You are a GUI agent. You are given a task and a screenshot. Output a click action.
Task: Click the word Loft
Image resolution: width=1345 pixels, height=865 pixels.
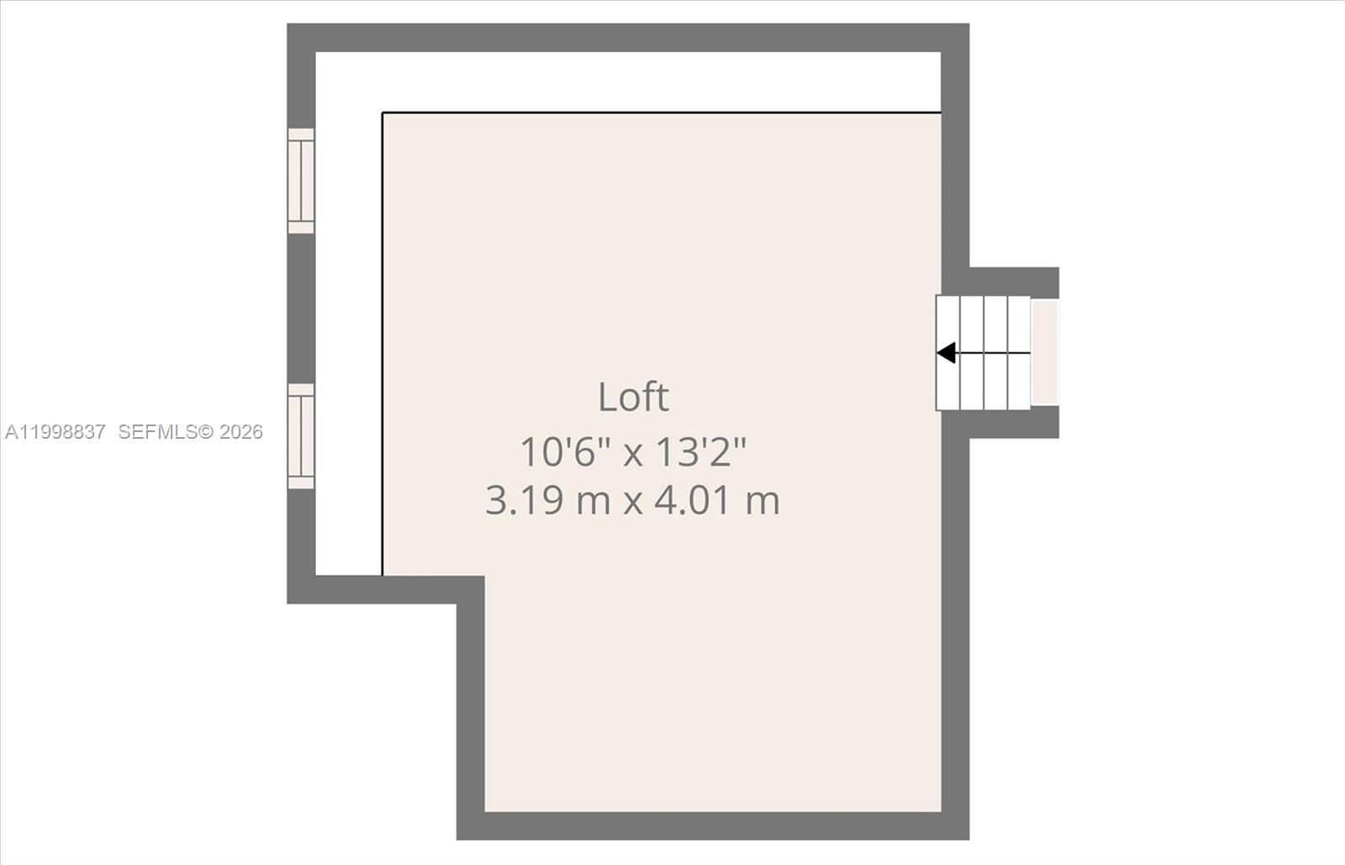(x=633, y=397)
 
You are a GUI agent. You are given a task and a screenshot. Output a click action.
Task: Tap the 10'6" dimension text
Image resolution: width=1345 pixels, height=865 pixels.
(x=563, y=452)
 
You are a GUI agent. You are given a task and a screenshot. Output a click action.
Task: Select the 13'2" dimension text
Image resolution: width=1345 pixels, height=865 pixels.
(x=700, y=452)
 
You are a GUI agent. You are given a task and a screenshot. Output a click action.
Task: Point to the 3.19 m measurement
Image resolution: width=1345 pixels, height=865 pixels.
(x=547, y=501)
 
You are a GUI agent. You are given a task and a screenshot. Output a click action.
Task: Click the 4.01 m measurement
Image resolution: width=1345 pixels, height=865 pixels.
(x=717, y=501)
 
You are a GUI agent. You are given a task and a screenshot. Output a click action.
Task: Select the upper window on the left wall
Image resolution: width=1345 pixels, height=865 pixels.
(x=301, y=181)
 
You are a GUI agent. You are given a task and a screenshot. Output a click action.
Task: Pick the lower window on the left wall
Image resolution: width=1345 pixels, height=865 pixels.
(x=301, y=436)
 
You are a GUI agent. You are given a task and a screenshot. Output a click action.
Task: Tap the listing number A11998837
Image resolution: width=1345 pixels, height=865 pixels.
(x=55, y=432)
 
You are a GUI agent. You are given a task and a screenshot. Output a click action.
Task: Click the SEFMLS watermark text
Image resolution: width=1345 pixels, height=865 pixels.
(x=157, y=432)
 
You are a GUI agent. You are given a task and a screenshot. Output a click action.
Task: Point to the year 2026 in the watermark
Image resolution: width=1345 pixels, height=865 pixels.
(x=241, y=432)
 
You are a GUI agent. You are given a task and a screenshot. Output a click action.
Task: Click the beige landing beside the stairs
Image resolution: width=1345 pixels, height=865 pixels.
(x=1045, y=353)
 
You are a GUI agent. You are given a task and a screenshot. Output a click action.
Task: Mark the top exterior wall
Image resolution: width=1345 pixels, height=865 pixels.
(x=628, y=38)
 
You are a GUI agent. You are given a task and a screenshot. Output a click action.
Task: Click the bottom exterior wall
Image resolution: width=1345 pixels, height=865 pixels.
(x=713, y=826)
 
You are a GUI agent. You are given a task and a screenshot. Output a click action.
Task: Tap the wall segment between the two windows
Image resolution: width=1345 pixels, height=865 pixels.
(x=301, y=309)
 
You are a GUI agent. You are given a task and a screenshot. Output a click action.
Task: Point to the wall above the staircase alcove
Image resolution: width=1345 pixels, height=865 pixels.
(x=1013, y=282)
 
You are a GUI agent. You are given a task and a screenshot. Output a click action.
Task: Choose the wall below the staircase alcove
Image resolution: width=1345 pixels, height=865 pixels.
(x=1013, y=425)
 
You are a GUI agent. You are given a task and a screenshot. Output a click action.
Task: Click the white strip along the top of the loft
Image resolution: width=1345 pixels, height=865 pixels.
(x=628, y=82)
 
